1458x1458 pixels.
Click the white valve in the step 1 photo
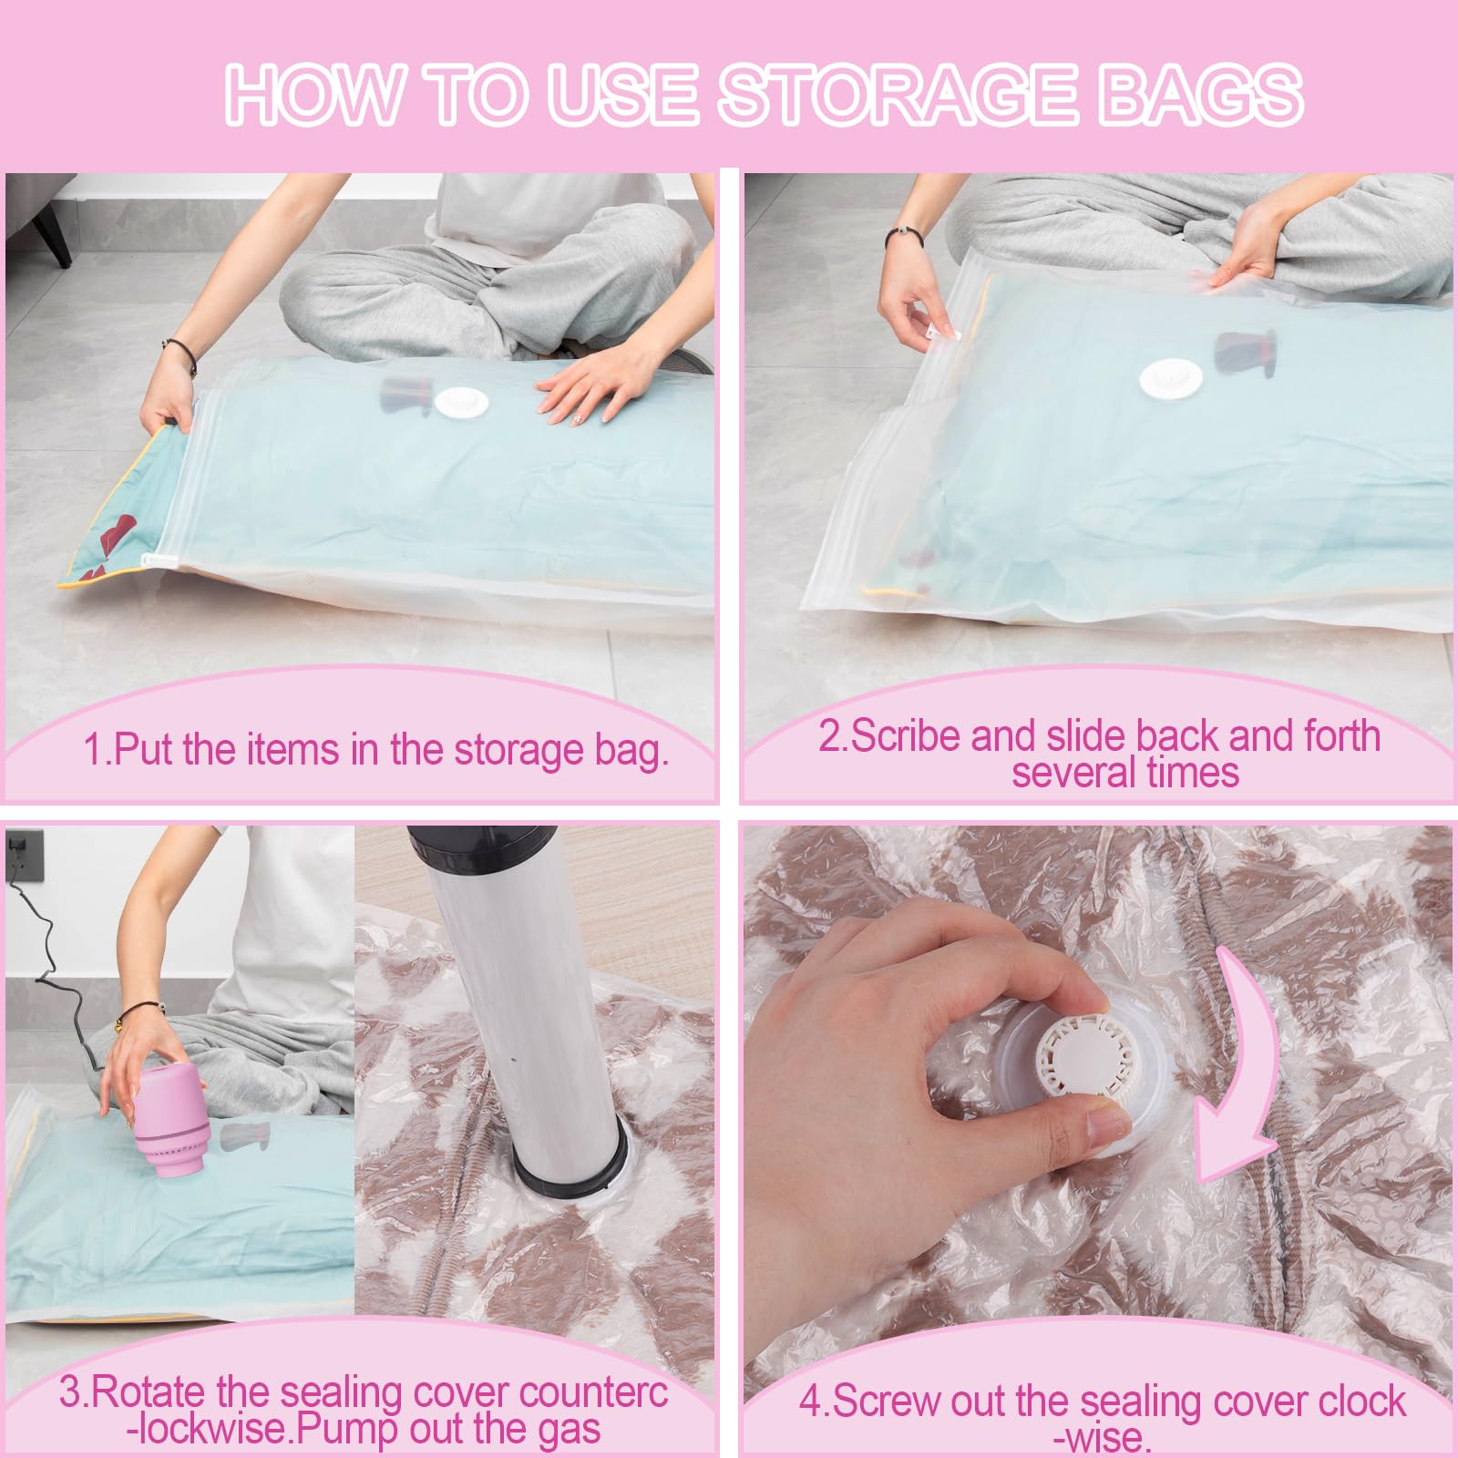463,402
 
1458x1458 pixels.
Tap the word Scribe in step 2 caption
906,736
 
